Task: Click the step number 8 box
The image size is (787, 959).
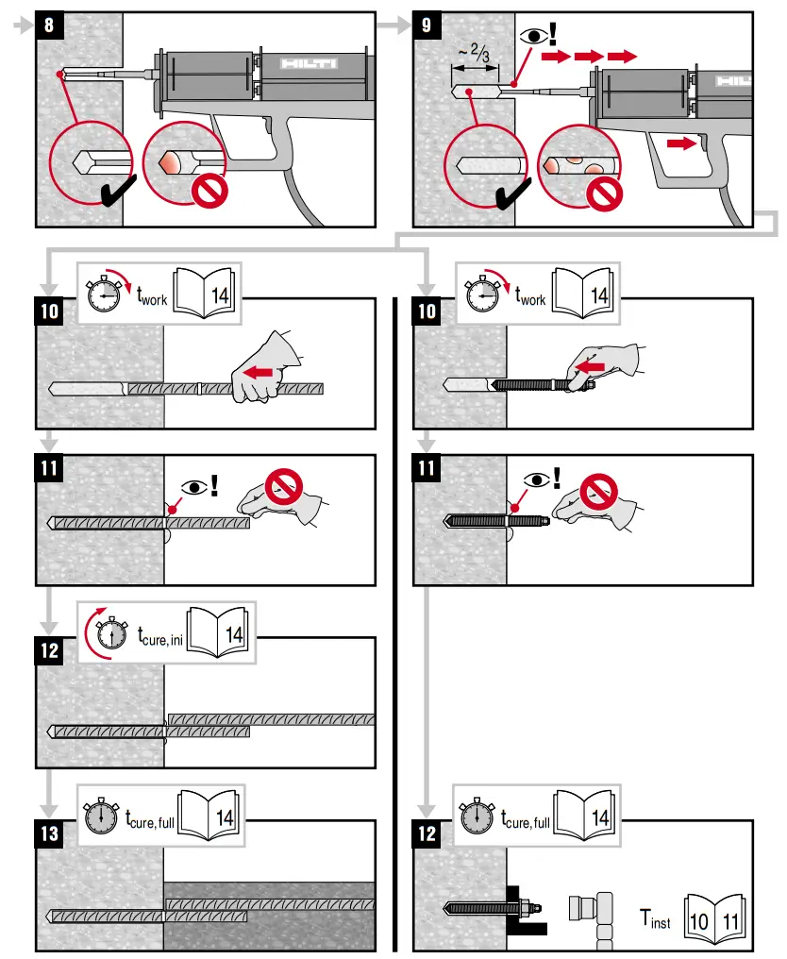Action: (49, 25)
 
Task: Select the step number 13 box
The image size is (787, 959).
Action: (49, 834)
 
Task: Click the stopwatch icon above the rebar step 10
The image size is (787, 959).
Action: (104, 294)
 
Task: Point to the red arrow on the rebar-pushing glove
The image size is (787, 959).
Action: (260, 374)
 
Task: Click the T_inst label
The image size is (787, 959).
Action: (656, 917)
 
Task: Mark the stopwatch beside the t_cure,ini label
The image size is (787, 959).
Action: (112, 633)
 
